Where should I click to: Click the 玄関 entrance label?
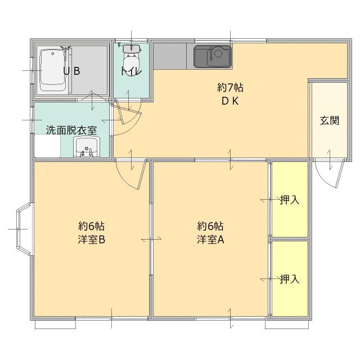pos(330,120)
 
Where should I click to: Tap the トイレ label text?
pos(130,71)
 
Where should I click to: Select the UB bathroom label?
pos(71,71)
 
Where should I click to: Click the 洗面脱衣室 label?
pos(71,130)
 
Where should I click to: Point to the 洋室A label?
pos(210,239)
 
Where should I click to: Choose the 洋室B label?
pos(92,239)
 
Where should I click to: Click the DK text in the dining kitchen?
pos(230,101)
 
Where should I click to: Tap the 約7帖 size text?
pos(230,88)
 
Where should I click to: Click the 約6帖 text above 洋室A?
pos(210,226)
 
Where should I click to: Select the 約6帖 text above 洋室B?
pos(92,226)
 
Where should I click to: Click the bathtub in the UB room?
pos(54,70)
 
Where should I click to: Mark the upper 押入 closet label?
pos(290,200)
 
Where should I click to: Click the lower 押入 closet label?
pos(290,279)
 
